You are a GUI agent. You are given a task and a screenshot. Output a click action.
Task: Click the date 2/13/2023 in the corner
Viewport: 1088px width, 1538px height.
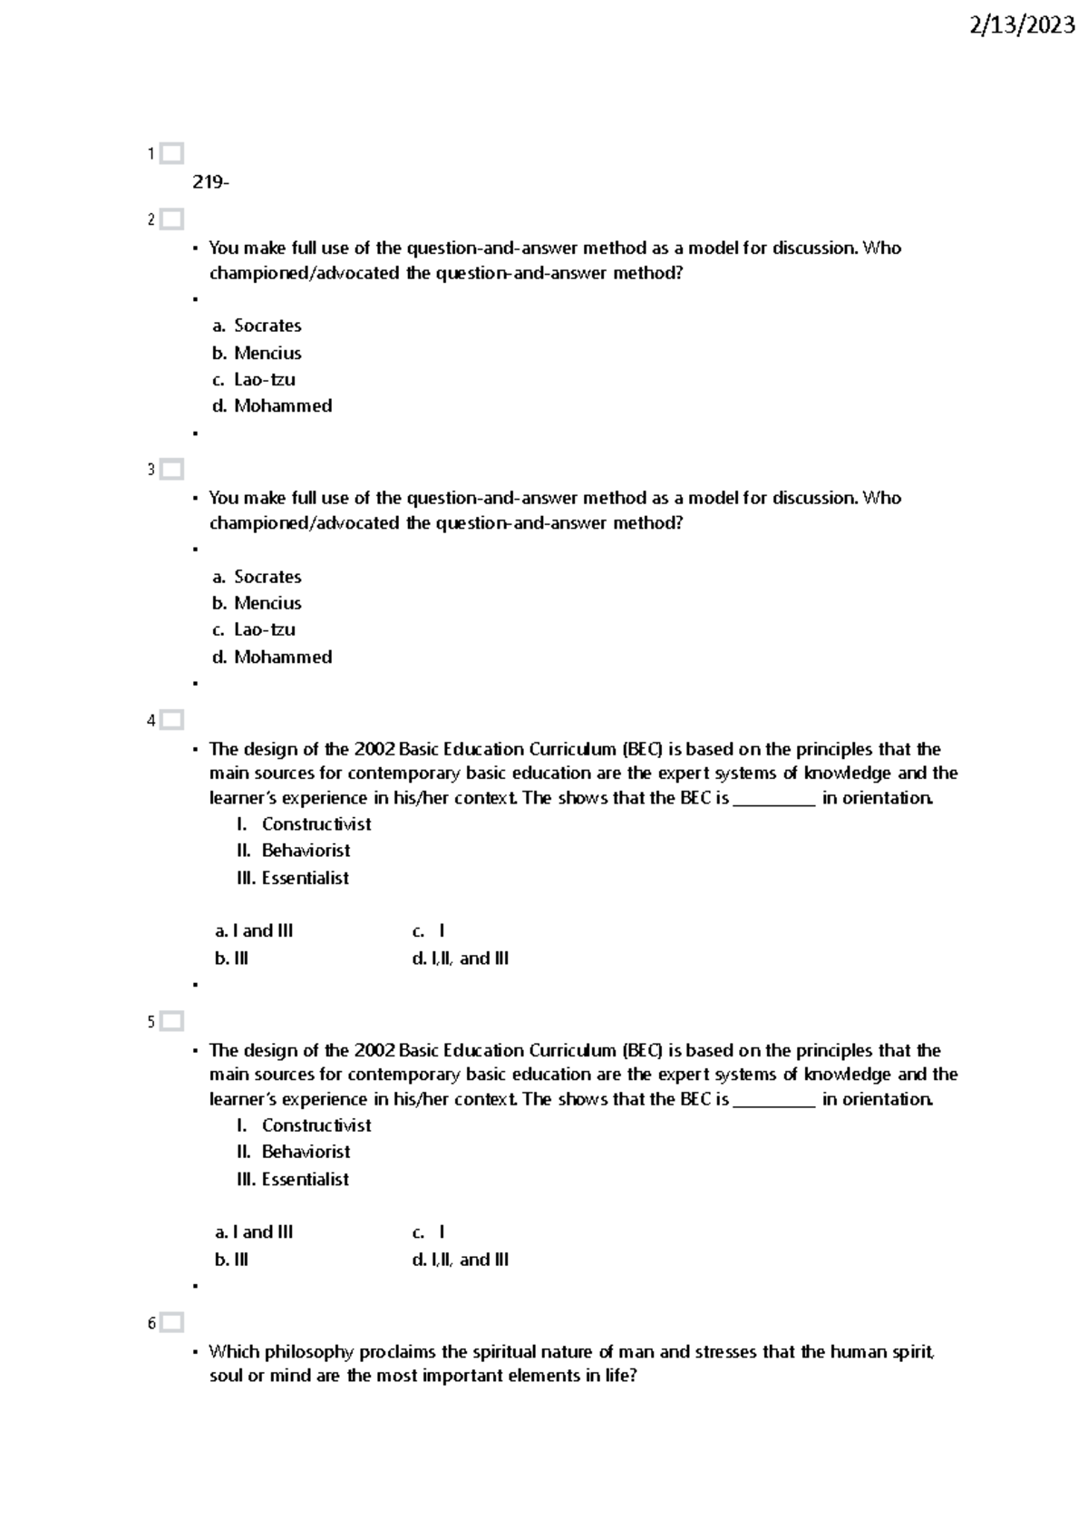[1022, 26]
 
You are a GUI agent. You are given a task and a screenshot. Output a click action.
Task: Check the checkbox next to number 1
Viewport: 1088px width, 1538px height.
[171, 153]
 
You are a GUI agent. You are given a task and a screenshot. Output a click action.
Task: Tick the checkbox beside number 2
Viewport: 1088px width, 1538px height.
[171, 219]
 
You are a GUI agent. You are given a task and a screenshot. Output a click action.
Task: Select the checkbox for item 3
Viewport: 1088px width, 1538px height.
[171, 470]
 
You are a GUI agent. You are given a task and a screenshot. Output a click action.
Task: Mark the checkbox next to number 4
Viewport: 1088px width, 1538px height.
[171, 720]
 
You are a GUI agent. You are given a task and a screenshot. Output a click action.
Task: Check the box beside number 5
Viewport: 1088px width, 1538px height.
[171, 1021]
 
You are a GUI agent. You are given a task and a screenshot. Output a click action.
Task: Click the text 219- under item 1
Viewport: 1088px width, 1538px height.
[210, 182]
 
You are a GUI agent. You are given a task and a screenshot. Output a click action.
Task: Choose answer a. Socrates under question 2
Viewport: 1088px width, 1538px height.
[257, 326]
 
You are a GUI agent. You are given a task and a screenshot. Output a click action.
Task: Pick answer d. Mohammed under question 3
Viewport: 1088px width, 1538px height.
[272, 657]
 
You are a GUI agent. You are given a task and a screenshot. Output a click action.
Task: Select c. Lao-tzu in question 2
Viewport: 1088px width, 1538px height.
[254, 379]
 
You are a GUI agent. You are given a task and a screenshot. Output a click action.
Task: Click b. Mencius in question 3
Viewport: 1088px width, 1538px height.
[257, 603]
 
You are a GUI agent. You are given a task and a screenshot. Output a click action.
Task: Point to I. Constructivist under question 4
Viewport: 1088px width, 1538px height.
[304, 824]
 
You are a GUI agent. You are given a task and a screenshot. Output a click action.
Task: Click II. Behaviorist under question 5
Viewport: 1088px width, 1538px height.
[293, 1152]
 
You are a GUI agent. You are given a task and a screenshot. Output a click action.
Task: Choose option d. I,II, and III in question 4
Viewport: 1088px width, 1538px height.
[460, 959]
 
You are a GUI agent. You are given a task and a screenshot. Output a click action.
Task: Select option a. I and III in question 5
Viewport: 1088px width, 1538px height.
[254, 1232]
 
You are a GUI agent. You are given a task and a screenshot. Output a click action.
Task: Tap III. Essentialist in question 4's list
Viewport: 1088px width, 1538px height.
[292, 878]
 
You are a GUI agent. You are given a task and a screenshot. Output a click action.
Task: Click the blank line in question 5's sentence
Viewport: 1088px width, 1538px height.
[773, 1100]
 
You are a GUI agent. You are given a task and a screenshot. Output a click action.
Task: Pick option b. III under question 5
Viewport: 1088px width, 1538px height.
[231, 1260]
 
